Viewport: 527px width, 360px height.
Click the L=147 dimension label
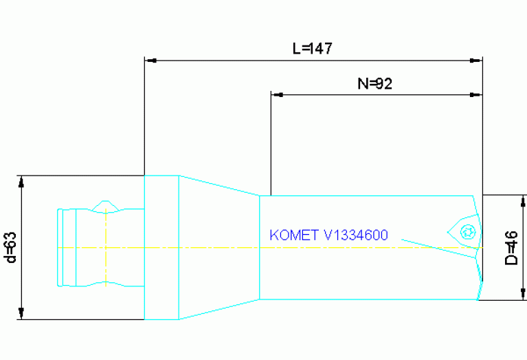(313, 48)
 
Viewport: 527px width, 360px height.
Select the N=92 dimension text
(374, 84)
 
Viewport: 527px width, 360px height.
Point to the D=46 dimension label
(511, 248)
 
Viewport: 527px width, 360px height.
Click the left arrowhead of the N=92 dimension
(278, 94)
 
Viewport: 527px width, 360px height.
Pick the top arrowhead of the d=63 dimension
(21, 182)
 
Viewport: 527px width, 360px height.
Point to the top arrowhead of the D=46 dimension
(523, 201)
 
